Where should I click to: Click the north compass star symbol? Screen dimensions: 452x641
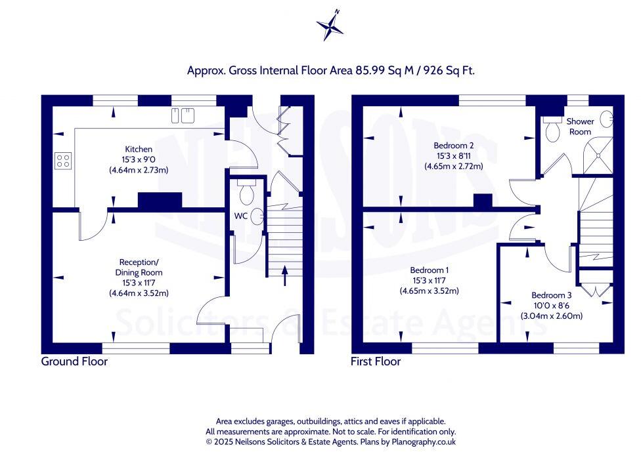pyautogui.click(x=330, y=26)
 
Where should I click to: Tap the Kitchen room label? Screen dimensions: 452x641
pyautogui.click(x=139, y=150)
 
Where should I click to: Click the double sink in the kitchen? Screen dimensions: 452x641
pyautogui.click(x=183, y=115)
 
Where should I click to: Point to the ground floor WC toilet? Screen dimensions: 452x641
pyautogui.click(x=247, y=193)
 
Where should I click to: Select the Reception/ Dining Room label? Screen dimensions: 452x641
pyautogui.click(x=139, y=267)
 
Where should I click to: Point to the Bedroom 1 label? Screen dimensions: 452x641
pyautogui.click(x=430, y=270)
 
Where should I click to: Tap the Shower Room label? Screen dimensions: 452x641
pyautogui.click(x=580, y=127)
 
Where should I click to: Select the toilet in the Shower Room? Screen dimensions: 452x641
pyautogui.click(x=552, y=130)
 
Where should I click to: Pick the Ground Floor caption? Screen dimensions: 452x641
pyautogui.click(x=74, y=361)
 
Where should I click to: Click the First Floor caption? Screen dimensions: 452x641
pyautogui.click(x=376, y=361)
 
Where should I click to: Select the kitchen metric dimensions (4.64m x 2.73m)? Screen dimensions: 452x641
pyautogui.click(x=139, y=170)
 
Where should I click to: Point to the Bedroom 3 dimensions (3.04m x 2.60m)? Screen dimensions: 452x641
pyautogui.click(x=551, y=316)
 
